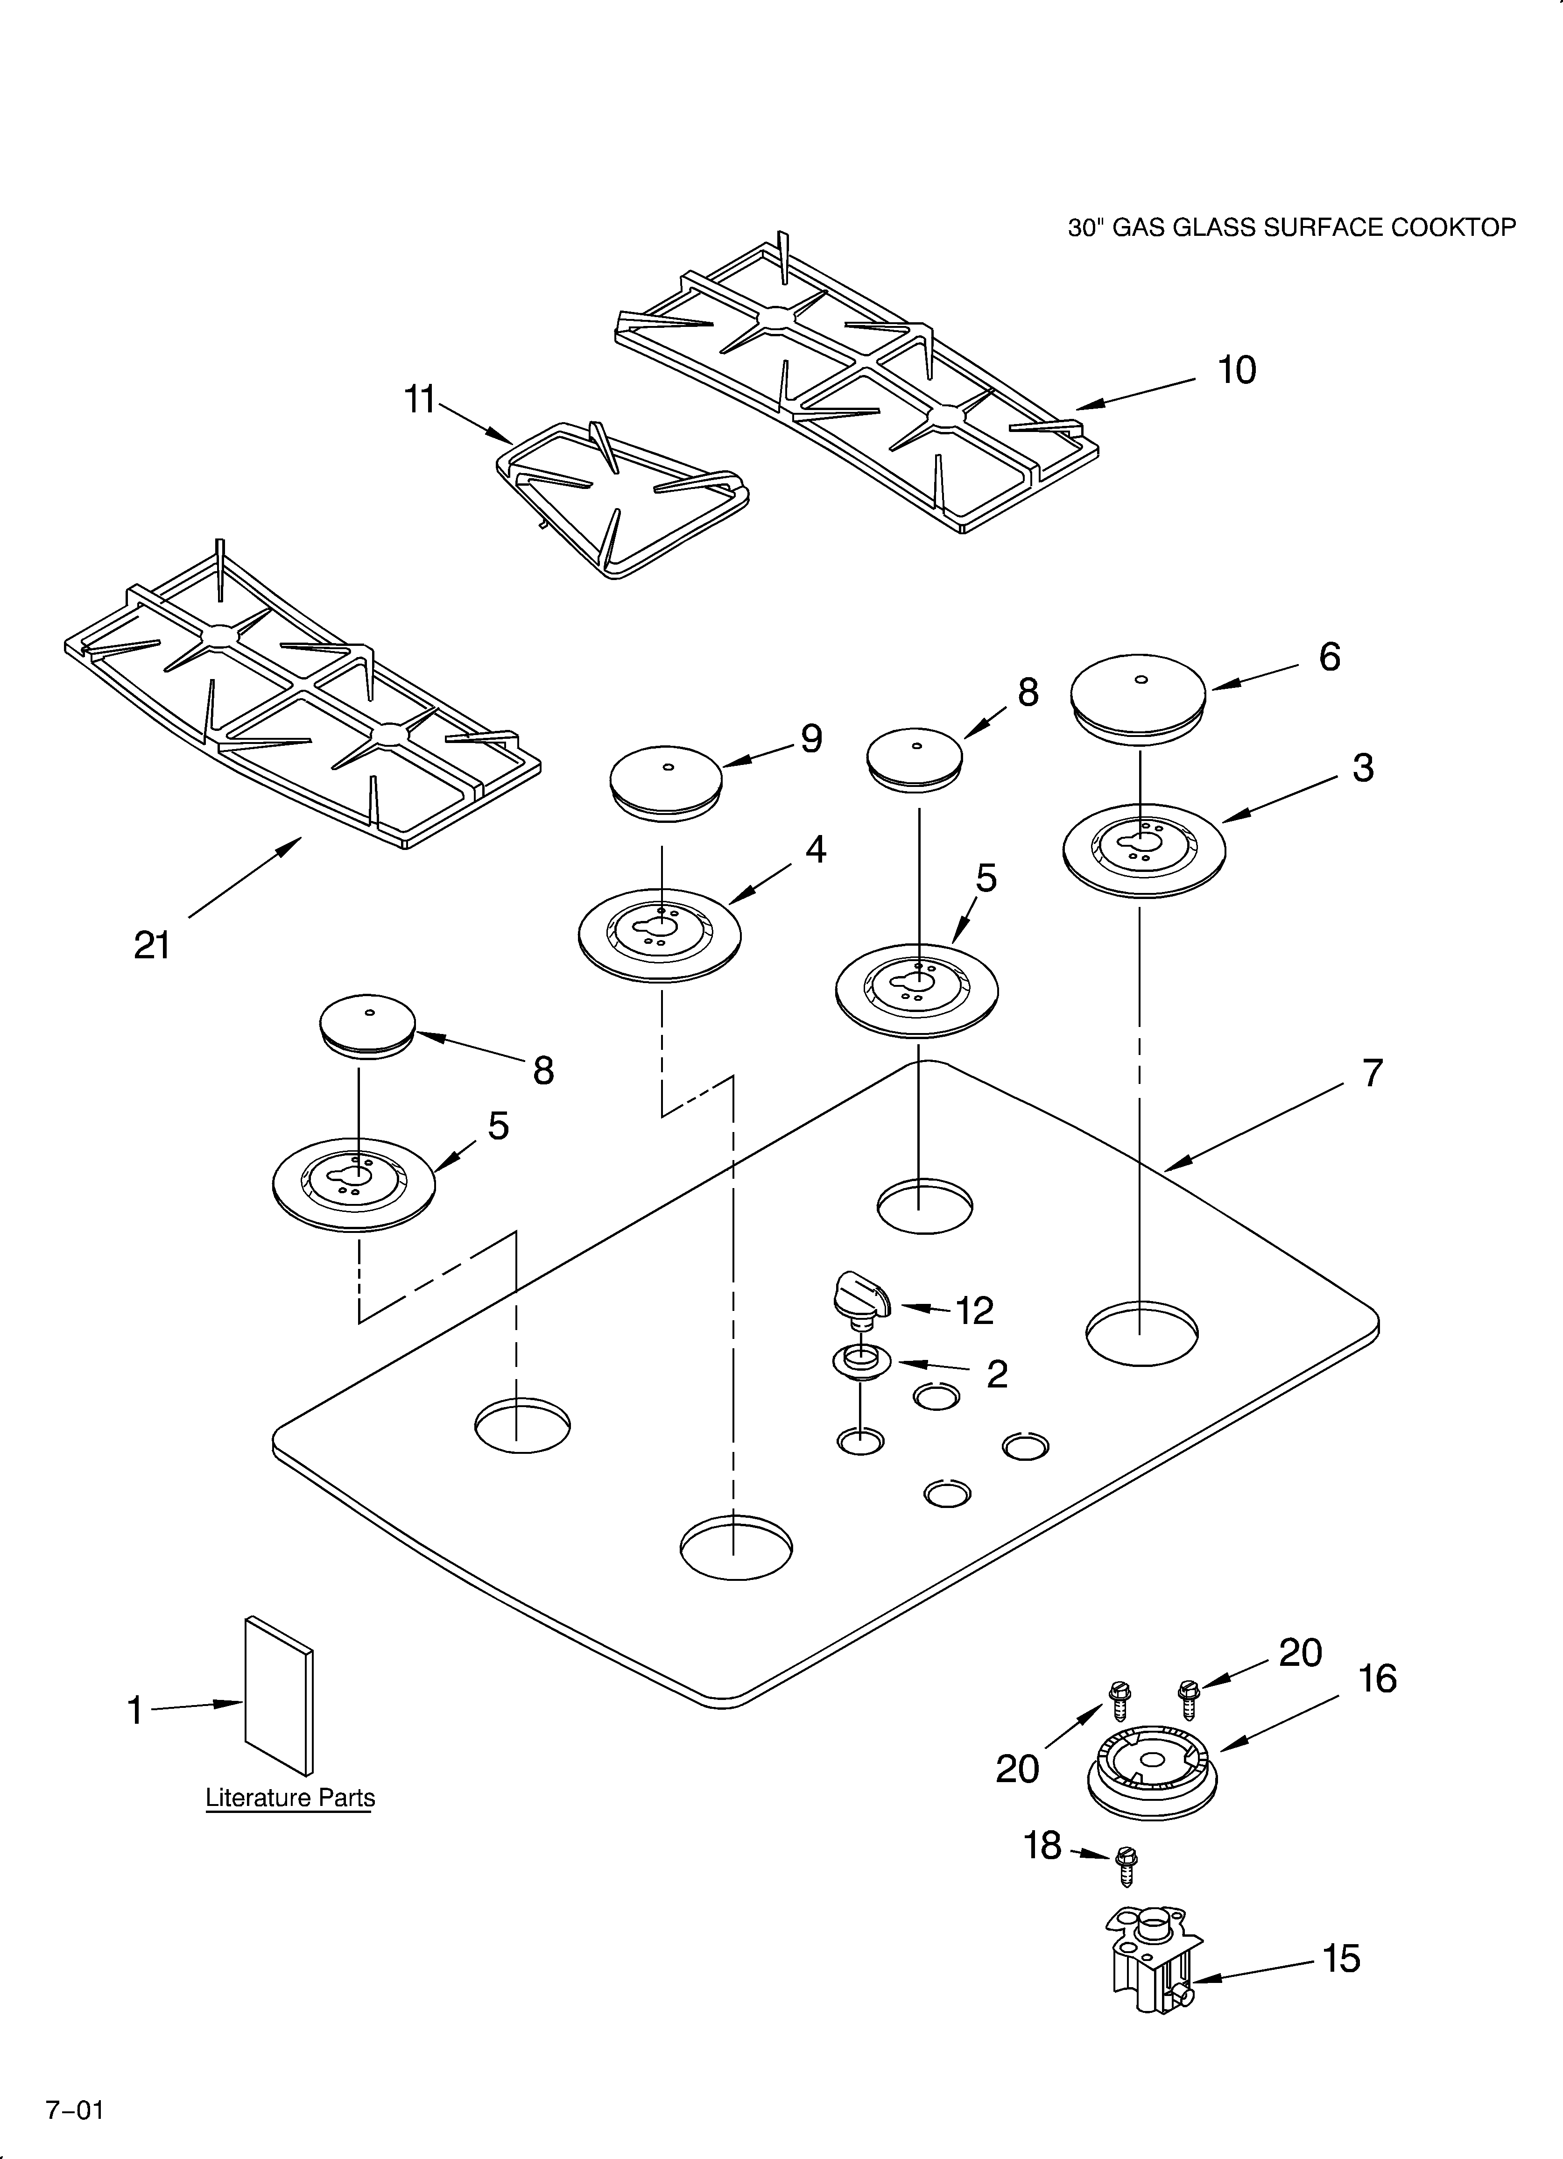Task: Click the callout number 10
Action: coord(1237,370)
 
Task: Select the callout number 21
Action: coord(152,945)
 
